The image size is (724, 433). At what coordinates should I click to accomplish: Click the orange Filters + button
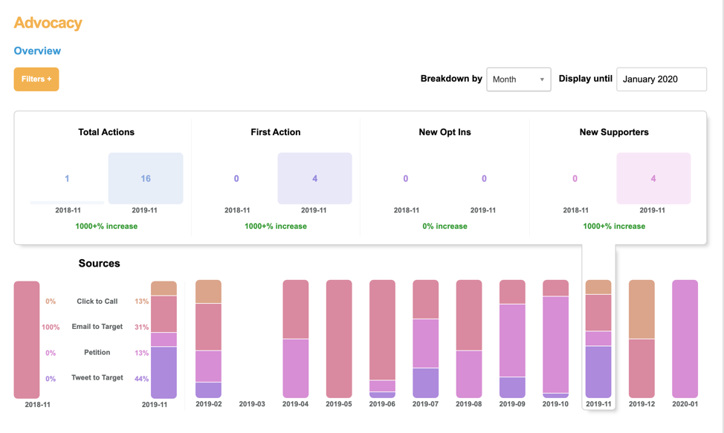click(36, 79)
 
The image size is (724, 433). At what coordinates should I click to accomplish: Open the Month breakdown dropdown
click(518, 79)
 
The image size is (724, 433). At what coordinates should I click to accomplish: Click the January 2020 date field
click(661, 79)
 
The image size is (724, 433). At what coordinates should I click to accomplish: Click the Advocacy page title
click(48, 23)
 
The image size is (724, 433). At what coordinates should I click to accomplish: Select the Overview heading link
click(37, 51)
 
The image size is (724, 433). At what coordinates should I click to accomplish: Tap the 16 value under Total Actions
click(146, 178)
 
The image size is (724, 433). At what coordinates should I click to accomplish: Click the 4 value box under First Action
click(314, 178)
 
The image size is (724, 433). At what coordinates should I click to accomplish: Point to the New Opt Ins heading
click(445, 132)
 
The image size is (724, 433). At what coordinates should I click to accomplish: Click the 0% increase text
click(445, 226)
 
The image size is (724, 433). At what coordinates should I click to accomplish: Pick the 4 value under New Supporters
click(653, 178)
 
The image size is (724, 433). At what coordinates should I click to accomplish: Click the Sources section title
click(99, 264)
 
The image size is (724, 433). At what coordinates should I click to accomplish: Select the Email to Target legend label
click(97, 327)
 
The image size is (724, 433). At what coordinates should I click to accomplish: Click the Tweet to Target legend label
click(97, 378)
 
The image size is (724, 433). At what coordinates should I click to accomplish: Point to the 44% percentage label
click(141, 379)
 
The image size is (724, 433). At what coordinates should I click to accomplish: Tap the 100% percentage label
click(51, 328)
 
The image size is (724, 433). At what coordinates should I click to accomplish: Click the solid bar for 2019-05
click(339, 339)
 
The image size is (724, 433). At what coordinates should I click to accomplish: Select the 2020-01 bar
click(685, 339)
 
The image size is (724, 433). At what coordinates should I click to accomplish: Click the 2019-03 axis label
click(252, 405)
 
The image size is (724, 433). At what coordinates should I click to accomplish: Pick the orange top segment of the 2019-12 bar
click(641, 309)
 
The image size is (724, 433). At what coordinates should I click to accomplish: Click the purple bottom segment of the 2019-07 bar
click(426, 382)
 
